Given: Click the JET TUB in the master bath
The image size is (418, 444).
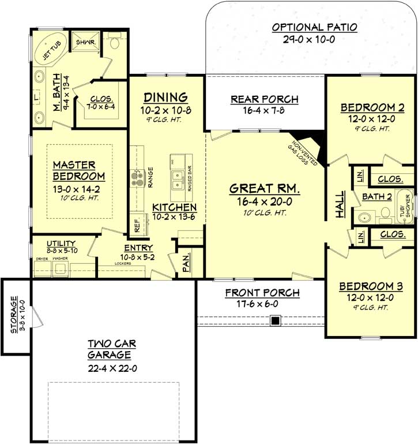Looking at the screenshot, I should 49,50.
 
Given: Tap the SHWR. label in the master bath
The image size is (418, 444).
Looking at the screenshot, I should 80,42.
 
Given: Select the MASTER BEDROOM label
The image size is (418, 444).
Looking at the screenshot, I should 78,170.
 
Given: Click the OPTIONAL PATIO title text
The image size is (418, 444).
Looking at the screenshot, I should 315,27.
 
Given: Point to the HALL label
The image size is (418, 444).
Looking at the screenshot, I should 340,205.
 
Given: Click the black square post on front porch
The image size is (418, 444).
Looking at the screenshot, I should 276,320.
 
